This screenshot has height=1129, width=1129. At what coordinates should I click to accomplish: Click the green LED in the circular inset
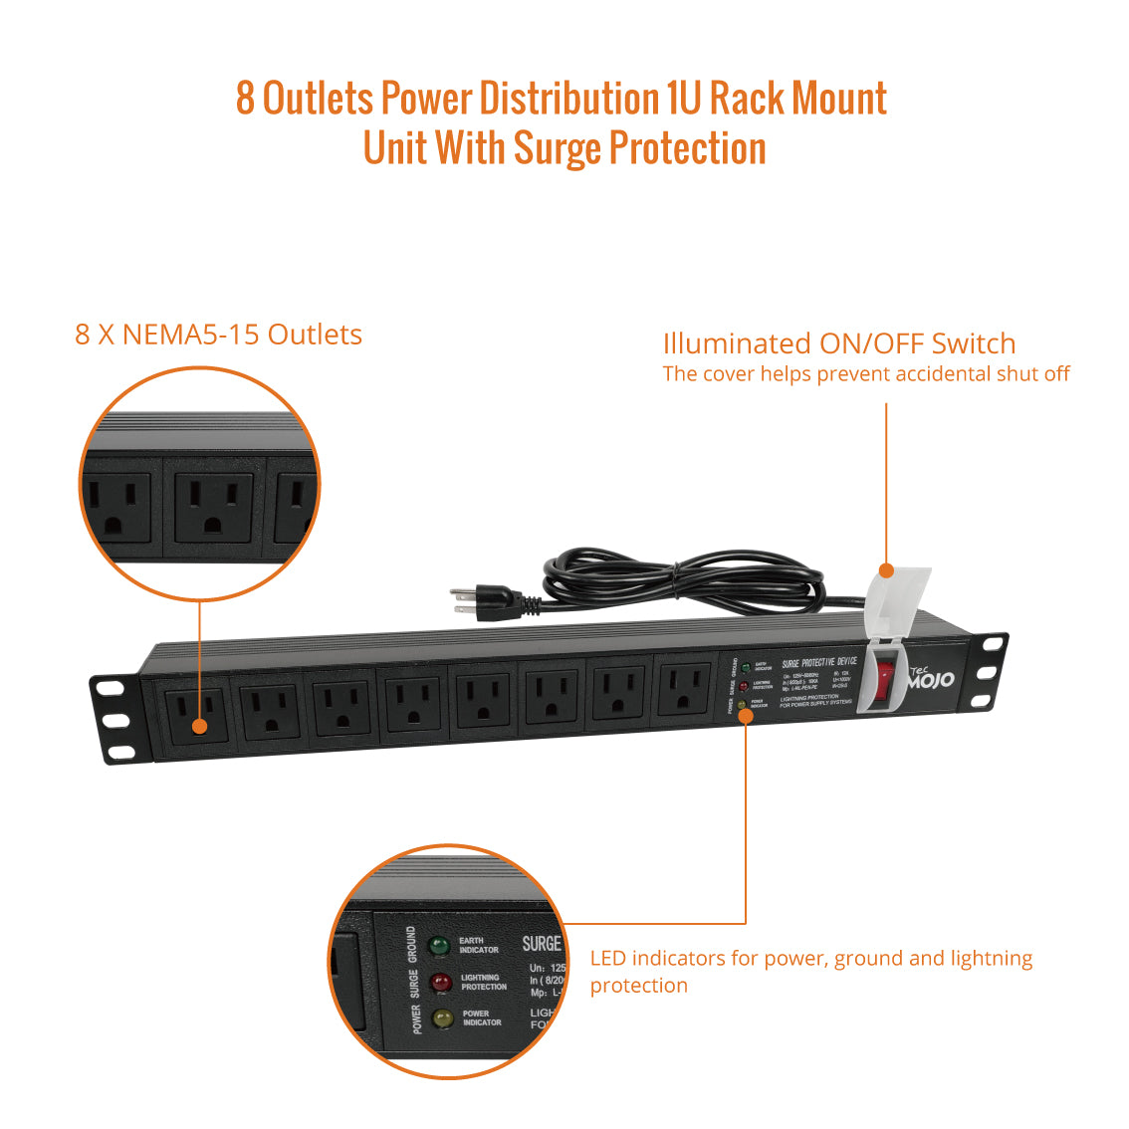(438, 946)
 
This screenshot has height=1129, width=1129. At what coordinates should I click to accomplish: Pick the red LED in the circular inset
(439, 983)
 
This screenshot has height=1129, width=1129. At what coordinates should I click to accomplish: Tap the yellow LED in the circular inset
(442, 1018)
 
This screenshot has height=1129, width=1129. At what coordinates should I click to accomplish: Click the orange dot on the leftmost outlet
(199, 726)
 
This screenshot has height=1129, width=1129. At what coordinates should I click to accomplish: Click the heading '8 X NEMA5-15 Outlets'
(218, 335)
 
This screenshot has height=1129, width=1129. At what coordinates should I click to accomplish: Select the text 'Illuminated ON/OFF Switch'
(838, 344)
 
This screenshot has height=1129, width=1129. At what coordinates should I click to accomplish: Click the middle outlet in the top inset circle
(213, 507)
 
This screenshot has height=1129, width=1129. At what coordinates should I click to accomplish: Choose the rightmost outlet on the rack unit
(684, 690)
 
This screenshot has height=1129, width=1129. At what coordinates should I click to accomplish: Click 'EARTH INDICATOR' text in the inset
(478, 945)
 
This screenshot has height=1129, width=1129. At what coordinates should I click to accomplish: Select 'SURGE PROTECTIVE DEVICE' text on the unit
(818, 662)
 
